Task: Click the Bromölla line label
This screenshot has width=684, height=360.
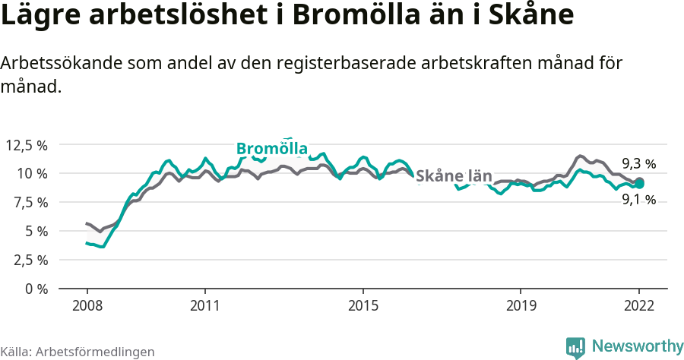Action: pos(271,147)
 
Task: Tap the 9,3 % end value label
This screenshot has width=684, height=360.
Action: pos(638,163)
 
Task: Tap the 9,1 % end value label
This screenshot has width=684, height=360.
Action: pos(638,200)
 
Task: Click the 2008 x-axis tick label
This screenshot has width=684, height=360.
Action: pos(87,307)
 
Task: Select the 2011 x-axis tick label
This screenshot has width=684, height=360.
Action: pos(205,307)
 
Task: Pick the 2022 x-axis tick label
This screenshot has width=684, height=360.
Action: pos(639,307)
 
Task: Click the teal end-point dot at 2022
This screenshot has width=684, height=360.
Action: pos(640,183)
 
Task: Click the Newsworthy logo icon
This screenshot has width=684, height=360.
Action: pos(575,347)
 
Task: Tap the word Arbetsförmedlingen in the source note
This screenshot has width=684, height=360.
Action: pos(95,352)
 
